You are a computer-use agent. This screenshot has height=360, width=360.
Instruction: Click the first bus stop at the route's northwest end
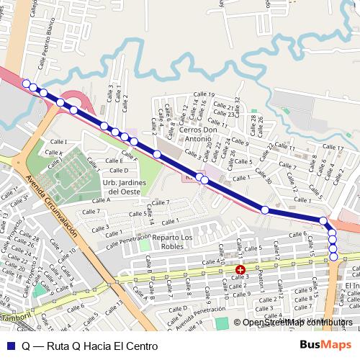pyautogui.click(x=26, y=84)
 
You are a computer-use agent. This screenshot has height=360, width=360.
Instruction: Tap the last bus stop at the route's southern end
pyautogui.click(x=333, y=256)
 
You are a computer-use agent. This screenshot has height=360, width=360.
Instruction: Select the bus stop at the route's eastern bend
pyautogui.click(x=323, y=221)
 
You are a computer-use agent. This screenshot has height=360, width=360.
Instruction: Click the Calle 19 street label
pyautogui.click(x=205, y=95)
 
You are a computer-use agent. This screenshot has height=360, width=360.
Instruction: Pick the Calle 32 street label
pyautogui.click(x=237, y=107)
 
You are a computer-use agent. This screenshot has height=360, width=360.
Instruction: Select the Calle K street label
pyautogui.click(x=55, y=153)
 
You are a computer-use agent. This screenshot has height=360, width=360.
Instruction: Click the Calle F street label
pyautogui.click(x=130, y=156)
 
